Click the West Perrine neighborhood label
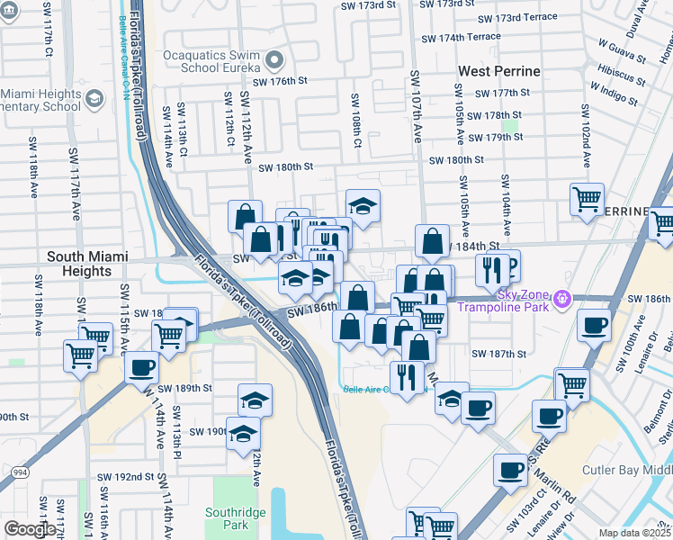coord(498,71)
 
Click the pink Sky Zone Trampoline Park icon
coord(563,297)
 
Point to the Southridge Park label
coord(235,518)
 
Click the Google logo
coord(30,529)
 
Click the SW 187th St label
coord(498,354)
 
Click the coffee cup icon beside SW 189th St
coord(141,367)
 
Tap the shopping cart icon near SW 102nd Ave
coord(587,199)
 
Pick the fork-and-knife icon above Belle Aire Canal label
coord(407,377)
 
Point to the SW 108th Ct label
coord(356,119)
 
